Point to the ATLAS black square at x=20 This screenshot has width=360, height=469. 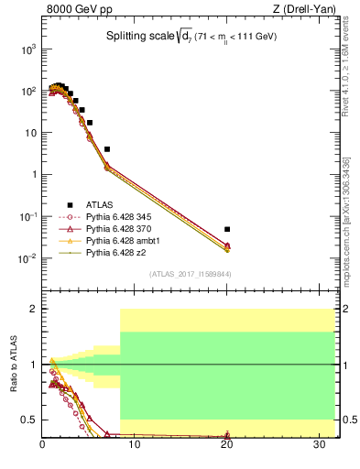(227, 229)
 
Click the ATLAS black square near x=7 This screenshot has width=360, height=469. (107, 148)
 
